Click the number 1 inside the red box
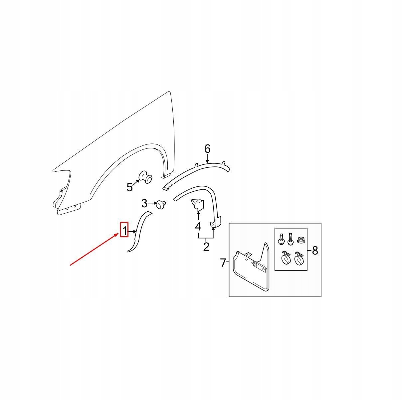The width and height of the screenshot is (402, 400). point(124,231)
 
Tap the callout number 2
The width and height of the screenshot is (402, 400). point(206,247)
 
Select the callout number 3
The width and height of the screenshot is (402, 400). point(144,203)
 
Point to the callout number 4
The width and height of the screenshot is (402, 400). point(198,226)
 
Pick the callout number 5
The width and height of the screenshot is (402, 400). point(130,187)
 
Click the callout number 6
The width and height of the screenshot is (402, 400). point(207,149)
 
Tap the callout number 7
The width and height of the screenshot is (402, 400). point(223,263)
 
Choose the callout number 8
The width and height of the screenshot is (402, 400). point(315,250)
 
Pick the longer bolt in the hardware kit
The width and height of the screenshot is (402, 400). point(290,239)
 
